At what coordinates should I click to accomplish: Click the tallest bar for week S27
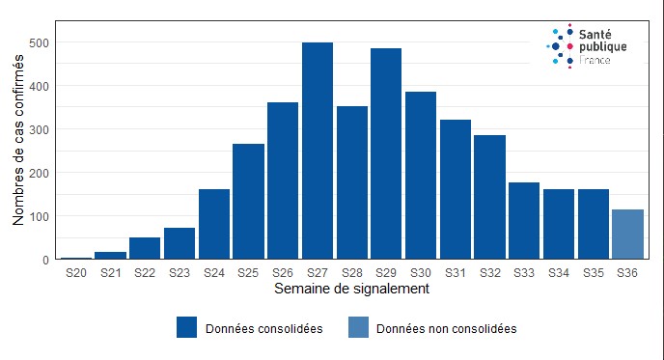click(x=318, y=151)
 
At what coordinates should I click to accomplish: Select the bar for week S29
click(x=386, y=153)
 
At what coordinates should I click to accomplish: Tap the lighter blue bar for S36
click(x=627, y=235)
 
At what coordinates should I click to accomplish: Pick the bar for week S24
click(x=214, y=224)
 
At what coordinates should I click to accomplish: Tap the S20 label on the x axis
click(x=76, y=274)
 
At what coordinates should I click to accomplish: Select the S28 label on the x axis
click(x=351, y=274)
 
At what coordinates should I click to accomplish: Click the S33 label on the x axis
click(x=524, y=274)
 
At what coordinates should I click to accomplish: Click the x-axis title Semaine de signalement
click(x=351, y=289)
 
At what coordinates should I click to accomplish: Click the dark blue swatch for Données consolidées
click(x=187, y=328)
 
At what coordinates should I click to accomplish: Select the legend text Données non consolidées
click(x=446, y=328)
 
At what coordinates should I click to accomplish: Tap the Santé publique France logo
click(x=587, y=45)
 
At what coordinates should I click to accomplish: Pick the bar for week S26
click(x=283, y=180)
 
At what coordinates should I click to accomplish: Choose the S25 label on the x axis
click(x=248, y=274)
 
